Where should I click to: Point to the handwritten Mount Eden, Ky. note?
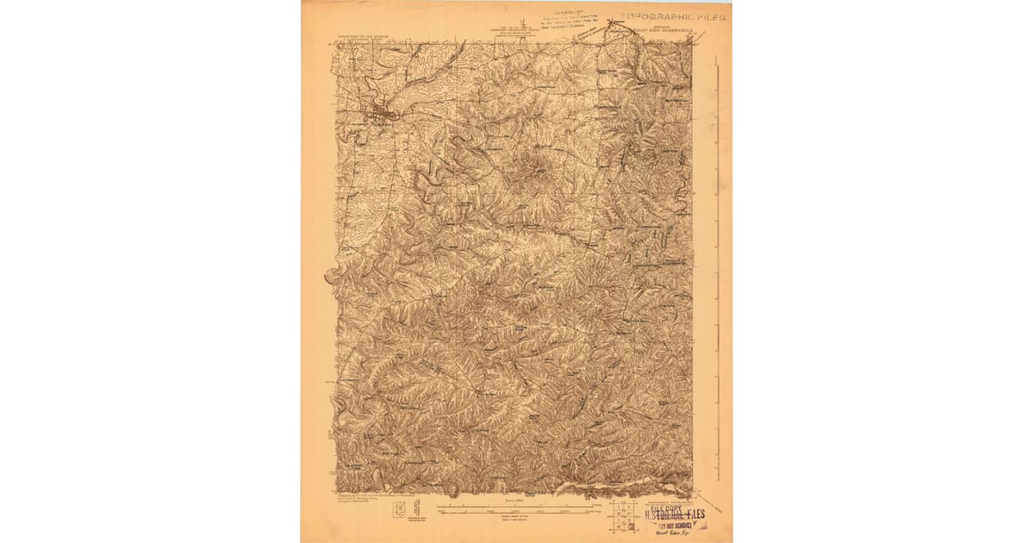pos(677,534)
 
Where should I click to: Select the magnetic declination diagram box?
pos(400,510)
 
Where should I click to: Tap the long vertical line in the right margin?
pos(717,259)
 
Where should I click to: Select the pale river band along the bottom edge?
pos(620,489)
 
